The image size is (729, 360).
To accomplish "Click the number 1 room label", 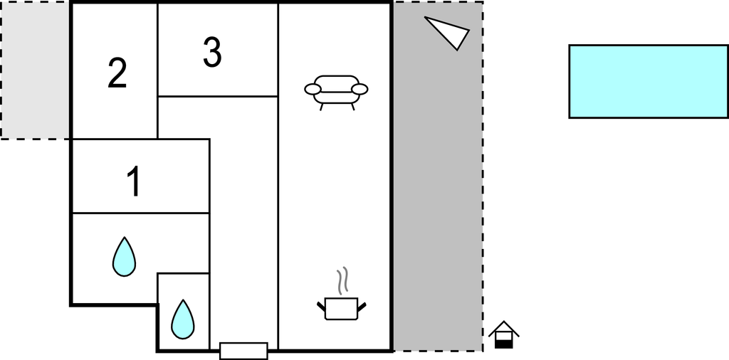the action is (x=134, y=181).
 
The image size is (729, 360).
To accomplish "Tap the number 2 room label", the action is (x=117, y=73).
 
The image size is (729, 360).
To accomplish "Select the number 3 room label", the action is (x=212, y=52).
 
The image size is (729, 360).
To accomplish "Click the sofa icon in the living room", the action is (x=336, y=92).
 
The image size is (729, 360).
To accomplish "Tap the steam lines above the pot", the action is (x=342, y=280).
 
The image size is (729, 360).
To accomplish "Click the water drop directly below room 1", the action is (x=124, y=257).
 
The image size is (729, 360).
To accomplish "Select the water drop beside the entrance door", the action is (x=183, y=319).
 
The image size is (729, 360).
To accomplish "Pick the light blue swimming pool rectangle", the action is (x=649, y=81).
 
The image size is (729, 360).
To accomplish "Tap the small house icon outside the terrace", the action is (x=503, y=334).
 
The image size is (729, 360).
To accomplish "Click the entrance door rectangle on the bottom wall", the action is (x=243, y=351).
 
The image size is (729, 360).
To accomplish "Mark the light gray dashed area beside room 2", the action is (x=36, y=70).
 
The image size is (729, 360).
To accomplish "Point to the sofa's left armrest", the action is (x=313, y=89).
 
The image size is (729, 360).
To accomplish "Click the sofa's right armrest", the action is (x=360, y=89).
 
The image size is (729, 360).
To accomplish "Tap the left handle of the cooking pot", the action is (x=321, y=307).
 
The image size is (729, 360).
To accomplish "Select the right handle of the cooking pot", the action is (x=362, y=307).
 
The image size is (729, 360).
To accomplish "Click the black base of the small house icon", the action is (x=503, y=344).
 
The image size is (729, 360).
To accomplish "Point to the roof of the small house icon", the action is (x=503, y=328).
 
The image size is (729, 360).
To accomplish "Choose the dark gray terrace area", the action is (x=438, y=176).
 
